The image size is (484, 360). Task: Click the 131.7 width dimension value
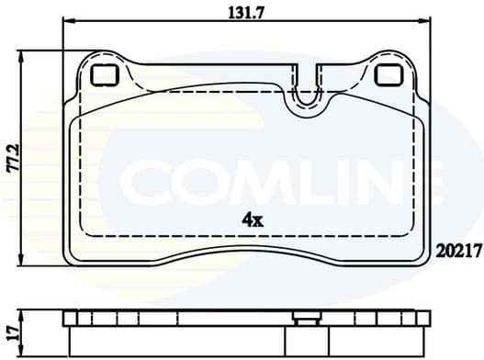tap(245, 13)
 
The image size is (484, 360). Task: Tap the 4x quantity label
tap(252, 220)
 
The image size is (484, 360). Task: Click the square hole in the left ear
tap(103, 75)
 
